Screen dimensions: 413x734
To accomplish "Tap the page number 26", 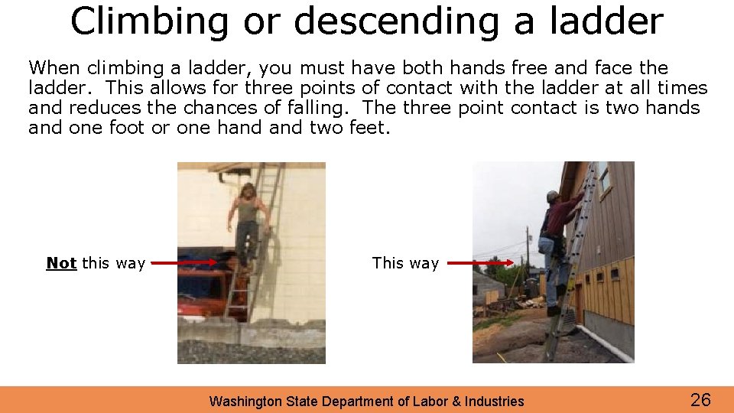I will tap(700, 399).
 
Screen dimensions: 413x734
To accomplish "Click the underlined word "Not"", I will tap(61, 264).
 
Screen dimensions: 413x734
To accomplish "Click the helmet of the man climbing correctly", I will tap(553, 197).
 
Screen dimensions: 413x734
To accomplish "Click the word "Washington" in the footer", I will tap(244, 402).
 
